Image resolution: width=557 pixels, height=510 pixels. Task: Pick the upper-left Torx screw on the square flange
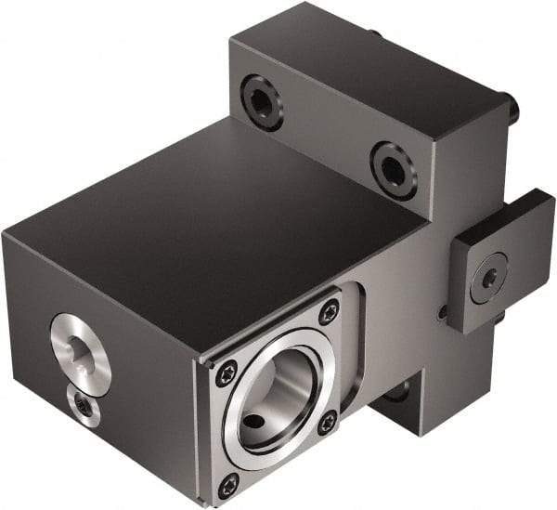[x=227, y=373]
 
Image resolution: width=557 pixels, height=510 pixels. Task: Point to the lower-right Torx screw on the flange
[x=327, y=423]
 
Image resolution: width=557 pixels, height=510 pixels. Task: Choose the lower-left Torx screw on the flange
[x=227, y=484]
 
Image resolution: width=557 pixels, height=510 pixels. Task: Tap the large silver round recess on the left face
[x=80, y=347]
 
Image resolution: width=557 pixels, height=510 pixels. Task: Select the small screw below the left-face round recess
[x=84, y=406]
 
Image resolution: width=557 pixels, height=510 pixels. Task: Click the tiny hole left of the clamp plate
[x=444, y=311]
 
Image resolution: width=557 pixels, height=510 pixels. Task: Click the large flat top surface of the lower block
[x=214, y=232]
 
